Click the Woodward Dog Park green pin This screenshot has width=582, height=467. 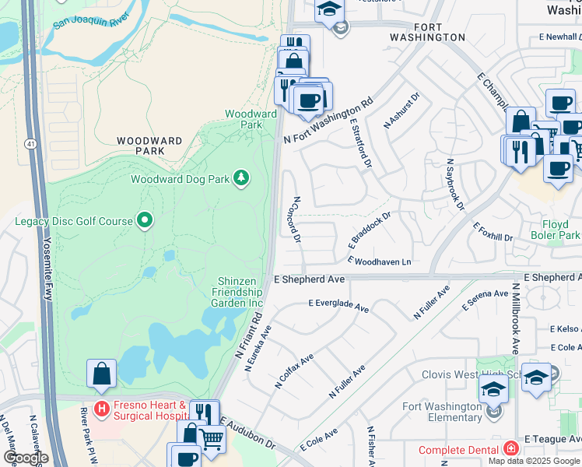pyautogui.click(x=242, y=179)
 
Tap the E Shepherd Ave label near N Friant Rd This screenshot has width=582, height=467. pyautogui.click(x=309, y=279)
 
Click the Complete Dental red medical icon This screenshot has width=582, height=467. pyautogui.click(x=510, y=449)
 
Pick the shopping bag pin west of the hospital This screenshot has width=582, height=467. pyautogui.click(x=102, y=374)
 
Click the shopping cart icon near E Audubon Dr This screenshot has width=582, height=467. pyautogui.click(x=211, y=437)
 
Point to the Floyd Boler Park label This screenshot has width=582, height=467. pyautogui.click(x=555, y=230)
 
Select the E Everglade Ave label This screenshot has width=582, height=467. pyautogui.click(x=338, y=306)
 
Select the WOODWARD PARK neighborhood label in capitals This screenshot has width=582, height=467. pyautogui.click(x=150, y=146)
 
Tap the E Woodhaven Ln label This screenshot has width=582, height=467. pyautogui.click(x=379, y=262)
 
